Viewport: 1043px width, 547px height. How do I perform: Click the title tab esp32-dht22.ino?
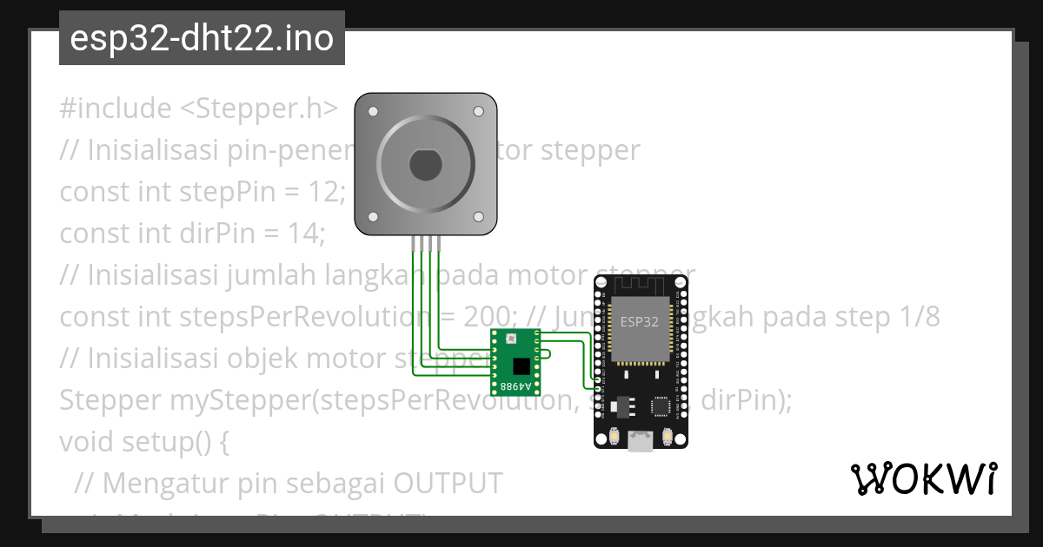(202, 38)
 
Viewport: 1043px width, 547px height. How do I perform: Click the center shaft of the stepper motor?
(426, 164)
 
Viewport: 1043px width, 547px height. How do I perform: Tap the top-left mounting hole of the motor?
(373, 112)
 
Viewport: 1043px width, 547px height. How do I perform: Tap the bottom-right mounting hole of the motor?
(478, 217)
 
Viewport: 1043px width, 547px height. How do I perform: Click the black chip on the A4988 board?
(521, 366)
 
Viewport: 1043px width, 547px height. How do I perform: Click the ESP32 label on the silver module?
(639, 321)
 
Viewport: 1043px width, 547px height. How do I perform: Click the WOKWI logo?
(923, 478)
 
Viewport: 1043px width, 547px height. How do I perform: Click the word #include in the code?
(116, 109)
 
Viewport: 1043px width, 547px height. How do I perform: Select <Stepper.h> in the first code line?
(259, 109)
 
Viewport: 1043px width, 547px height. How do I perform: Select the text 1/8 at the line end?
(919, 317)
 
